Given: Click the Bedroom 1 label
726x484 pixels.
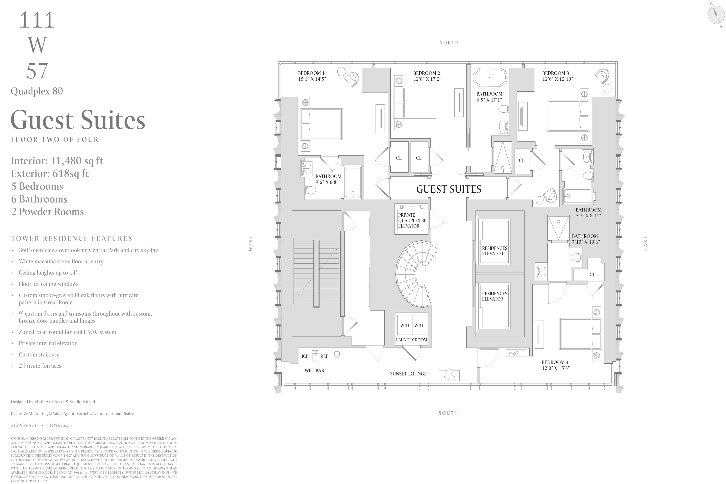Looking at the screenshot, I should [311, 73].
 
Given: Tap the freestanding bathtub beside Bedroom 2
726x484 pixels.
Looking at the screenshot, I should [490, 77].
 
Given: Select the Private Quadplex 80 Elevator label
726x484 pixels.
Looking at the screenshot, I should [412, 220].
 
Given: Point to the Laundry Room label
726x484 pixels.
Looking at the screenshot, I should [411, 340].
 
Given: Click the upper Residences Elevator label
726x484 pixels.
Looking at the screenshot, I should [494, 251].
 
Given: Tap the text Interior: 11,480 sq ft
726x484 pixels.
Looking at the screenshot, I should [57, 161].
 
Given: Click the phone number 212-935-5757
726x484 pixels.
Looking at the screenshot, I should [25, 425].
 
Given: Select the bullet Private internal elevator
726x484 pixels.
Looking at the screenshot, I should [48, 343].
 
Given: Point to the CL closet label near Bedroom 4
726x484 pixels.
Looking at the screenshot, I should [592, 275].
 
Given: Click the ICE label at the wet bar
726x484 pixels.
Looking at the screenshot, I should [305, 356].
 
